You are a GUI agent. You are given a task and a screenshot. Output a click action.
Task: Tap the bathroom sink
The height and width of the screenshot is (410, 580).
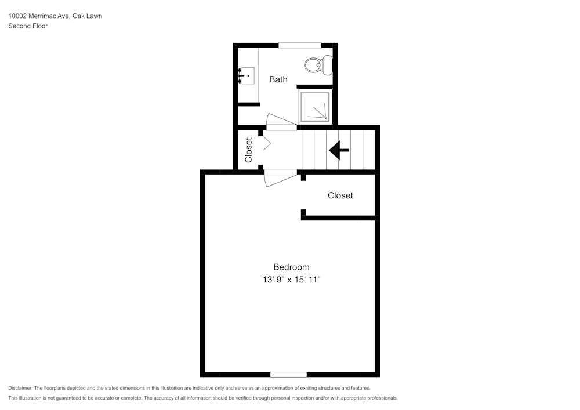248,75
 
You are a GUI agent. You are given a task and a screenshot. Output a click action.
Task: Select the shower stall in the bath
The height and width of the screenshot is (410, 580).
314,107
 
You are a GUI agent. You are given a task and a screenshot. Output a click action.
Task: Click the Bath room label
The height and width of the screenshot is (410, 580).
278,79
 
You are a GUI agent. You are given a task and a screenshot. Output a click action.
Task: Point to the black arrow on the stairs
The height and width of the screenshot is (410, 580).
339,150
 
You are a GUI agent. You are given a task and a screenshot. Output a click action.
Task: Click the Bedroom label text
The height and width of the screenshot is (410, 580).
291,267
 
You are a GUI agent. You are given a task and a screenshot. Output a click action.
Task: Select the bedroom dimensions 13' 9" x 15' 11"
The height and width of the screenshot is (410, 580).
291,280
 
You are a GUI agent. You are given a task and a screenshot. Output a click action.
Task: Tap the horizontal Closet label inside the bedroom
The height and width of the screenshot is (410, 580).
340,195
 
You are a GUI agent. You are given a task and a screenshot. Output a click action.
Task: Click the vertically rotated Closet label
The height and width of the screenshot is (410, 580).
249,150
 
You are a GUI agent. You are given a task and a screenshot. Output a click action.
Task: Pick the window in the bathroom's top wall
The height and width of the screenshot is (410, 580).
300,45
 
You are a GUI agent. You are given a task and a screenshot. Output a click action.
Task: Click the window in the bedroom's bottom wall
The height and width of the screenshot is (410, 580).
288,374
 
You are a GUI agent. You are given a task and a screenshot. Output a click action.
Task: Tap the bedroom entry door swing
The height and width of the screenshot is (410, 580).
280,178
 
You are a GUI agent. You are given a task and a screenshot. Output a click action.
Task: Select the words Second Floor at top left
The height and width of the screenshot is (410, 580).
28,26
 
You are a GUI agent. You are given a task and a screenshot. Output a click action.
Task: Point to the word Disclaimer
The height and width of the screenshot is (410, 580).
20,388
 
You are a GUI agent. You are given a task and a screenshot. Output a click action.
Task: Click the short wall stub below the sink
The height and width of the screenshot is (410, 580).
248,104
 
